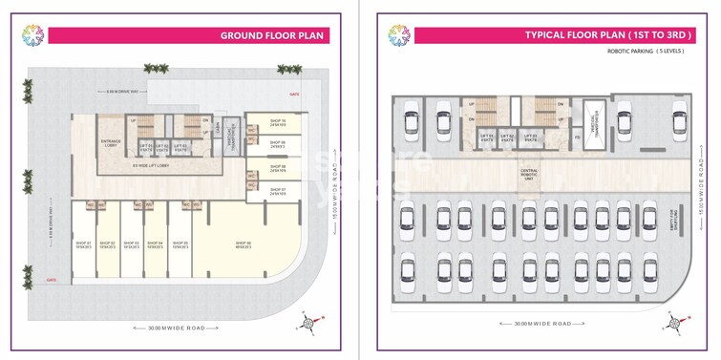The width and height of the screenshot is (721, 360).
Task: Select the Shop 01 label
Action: pos(82,245)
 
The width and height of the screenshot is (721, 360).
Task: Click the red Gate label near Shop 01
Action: pos(52,280)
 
